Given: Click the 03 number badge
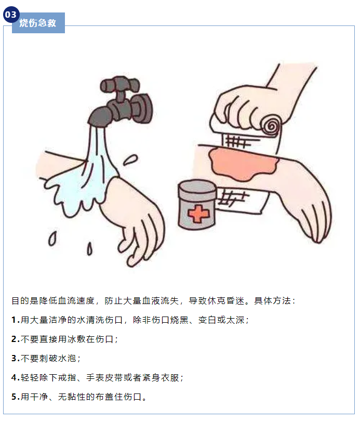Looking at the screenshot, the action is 11,14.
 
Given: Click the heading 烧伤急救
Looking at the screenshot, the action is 38,23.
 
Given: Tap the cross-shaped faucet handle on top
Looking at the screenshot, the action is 120,86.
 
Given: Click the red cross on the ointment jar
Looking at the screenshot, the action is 198,214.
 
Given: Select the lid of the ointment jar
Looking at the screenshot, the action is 197,187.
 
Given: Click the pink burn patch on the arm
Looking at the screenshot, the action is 244,164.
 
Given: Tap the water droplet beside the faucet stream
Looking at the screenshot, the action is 130,160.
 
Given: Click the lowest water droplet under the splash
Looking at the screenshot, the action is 89,248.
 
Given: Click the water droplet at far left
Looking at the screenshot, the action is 52,239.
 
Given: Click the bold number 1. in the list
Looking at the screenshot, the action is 16,320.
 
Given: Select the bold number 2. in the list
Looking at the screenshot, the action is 16,339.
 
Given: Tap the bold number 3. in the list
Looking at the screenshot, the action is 16,359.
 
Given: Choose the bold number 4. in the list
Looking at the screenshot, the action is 16,378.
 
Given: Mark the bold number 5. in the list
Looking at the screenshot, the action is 16,397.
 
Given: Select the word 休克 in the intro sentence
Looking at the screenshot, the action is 216,301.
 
